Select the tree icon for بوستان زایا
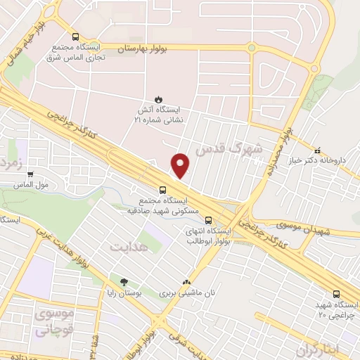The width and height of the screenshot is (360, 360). coord(124,282)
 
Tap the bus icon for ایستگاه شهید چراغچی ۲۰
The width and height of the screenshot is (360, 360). coord(336,295)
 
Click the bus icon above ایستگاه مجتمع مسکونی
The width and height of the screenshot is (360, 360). coord(162,190)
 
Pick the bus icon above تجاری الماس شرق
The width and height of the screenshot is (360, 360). coord(75,37)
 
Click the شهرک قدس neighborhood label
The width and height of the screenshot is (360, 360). coord(230,149)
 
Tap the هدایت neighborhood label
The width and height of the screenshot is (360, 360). coord(130,247)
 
